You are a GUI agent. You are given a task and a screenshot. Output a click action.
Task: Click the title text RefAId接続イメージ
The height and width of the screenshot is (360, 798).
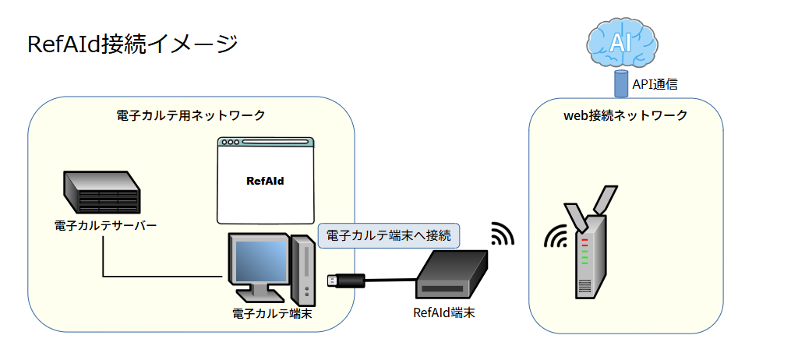coord(132,44)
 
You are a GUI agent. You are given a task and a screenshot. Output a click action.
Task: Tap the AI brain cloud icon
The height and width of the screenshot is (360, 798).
coord(620,43)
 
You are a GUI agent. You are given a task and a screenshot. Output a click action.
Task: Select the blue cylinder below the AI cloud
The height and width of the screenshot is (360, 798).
coord(620,83)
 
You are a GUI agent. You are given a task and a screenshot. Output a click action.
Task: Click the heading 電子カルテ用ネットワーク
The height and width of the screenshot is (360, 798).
coord(191,115)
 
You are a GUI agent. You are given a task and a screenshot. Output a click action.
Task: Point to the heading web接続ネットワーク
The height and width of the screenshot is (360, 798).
coord(625,115)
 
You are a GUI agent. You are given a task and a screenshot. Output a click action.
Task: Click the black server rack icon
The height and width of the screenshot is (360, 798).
coord(101,192)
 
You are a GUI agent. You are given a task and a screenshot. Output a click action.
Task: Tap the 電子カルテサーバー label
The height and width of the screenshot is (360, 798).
coord(105,226)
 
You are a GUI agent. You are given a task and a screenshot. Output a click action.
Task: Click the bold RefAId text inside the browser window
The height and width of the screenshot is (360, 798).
coord(264,181)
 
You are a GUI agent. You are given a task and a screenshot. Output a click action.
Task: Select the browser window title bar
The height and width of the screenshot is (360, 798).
coord(266,143)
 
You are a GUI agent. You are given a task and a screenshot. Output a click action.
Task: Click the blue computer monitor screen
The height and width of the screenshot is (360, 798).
coord(258,261)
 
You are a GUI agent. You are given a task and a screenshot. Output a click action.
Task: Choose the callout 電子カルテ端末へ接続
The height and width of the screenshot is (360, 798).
coord(389,235)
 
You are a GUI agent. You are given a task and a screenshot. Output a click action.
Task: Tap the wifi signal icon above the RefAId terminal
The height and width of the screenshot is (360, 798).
coord(502,233)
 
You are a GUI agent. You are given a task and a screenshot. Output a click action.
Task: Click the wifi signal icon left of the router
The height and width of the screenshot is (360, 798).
coord(556,237)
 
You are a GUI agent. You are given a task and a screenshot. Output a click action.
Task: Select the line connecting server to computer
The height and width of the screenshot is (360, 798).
coord(156,276)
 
